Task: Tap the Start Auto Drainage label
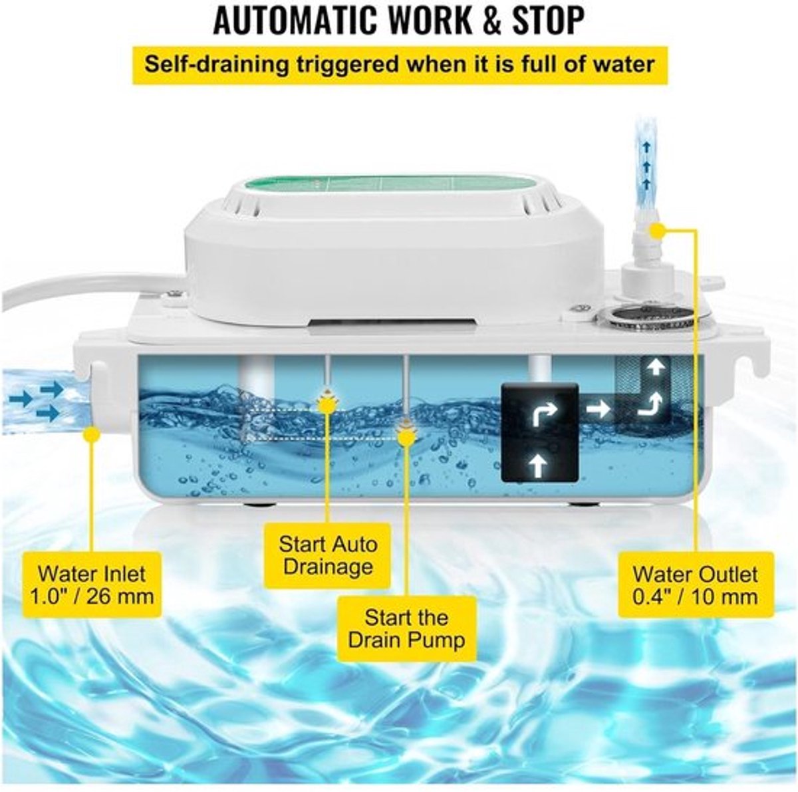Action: pos(328,555)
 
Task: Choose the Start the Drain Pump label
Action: pos(407,628)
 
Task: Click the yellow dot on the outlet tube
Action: pos(656,230)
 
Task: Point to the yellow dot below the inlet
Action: pos(92,434)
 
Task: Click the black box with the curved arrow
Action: pos(539,432)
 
